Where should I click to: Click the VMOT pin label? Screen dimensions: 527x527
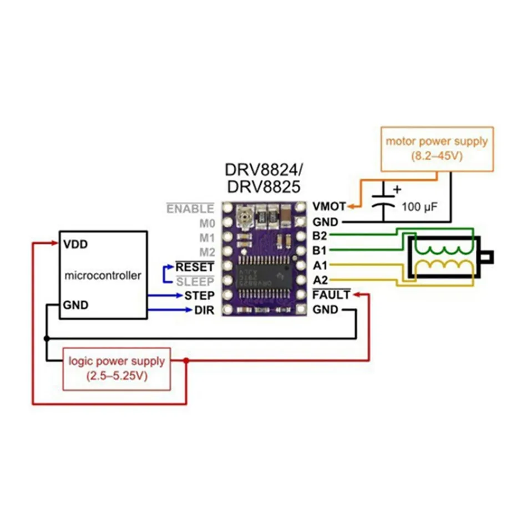tap(329, 206)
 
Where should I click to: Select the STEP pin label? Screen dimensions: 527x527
tap(199, 295)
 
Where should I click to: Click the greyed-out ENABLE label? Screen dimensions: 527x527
tap(190, 209)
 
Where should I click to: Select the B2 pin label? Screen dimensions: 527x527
tap(320, 236)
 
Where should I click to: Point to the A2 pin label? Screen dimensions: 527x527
tap(320, 279)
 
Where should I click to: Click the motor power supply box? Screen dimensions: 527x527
tap(437, 149)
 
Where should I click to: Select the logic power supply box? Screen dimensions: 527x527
tap(116, 368)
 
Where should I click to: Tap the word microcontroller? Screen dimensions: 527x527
tap(103, 275)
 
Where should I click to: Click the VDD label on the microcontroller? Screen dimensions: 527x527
tap(75, 244)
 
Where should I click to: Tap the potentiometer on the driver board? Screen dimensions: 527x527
tap(242, 215)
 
